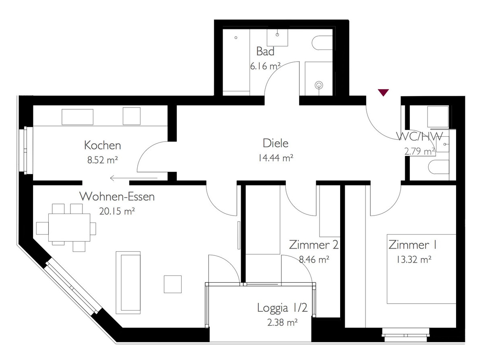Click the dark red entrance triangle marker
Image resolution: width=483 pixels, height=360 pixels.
pos(383,93)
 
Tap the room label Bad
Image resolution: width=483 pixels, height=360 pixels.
pos(265,51)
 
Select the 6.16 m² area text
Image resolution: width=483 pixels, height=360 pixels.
pos(265,66)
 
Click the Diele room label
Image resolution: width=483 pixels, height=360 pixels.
pos(275,143)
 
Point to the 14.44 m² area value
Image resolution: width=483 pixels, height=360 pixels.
pos(275,158)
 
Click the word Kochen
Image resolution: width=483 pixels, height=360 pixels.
pos(103,145)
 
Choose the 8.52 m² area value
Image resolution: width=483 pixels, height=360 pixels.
pos(103,160)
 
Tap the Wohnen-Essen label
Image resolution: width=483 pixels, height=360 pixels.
pos(117,197)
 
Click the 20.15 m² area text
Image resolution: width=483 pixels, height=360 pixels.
pos(117,211)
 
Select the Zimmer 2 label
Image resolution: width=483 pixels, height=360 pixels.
pos(314,245)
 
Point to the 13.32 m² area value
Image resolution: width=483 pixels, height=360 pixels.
pos(414,259)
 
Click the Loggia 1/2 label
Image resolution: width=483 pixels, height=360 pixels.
pos(282,308)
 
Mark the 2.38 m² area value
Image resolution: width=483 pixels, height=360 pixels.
pos(282,323)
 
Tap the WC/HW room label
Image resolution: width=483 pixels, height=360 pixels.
pos(419,136)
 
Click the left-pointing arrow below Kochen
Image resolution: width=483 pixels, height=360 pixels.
pos(134,178)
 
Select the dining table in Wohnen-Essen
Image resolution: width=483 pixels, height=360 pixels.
pos(69,227)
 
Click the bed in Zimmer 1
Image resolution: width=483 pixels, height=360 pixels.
pos(421,269)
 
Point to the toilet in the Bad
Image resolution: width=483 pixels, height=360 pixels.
pos(322,43)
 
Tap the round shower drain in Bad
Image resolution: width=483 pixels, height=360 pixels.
pos(319,85)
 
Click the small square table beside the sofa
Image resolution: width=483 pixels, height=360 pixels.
pos(173,284)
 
